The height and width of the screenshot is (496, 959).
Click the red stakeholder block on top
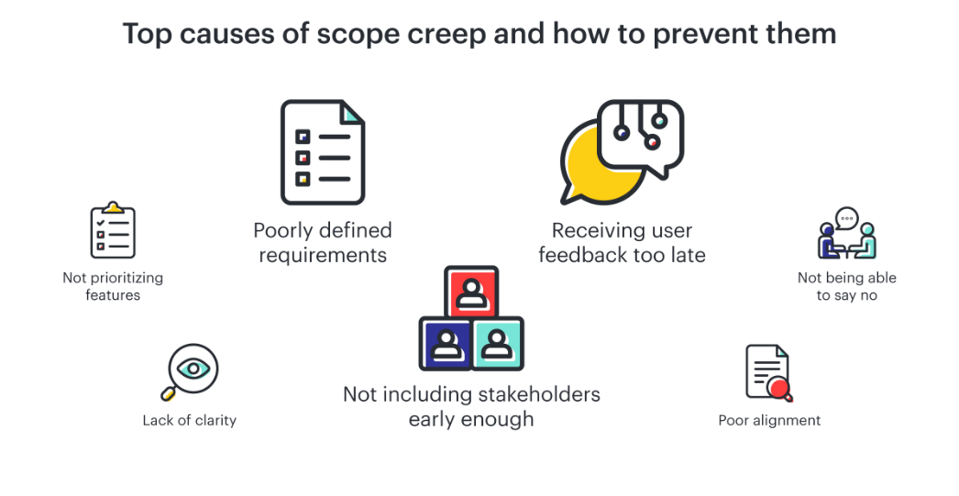[471, 292]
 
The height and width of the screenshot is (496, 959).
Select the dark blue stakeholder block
[446, 343]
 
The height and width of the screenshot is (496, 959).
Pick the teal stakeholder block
[497, 343]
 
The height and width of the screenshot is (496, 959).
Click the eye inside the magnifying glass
[193, 369]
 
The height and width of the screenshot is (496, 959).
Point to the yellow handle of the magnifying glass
[168, 394]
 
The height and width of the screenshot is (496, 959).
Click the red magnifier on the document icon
[779, 388]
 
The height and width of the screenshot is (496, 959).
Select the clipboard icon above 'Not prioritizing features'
[113, 229]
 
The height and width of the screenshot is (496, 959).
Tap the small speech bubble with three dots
[847, 217]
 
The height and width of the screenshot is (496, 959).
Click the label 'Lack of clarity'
[189, 420]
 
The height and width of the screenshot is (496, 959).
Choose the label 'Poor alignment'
[769, 420]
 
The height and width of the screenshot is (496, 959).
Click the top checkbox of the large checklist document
[303, 137]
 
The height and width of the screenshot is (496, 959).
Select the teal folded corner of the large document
[352, 114]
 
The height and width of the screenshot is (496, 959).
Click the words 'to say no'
[847, 295]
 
